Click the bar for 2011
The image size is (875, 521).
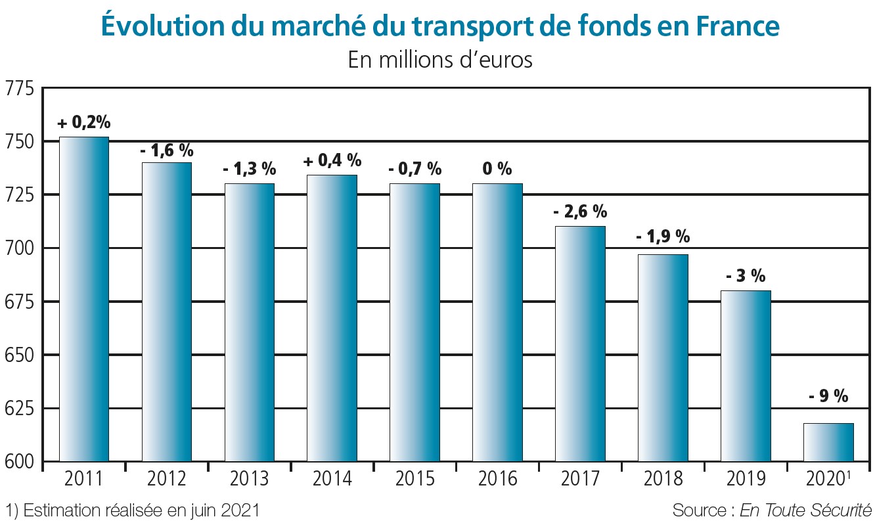pyautogui.click(x=84, y=299)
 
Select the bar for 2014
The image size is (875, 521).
pyautogui.click(x=332, y=318)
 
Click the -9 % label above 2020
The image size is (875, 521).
pyautogui.click(x=828, y=396)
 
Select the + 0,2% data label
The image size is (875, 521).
pyautogui.click(x=84, y=123)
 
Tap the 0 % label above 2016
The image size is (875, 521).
pyautogui.click(x=497, y=169)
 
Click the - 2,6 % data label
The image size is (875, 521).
pyautogui.click(x=580, y=212)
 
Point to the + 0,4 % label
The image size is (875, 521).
pyautogui.click(x=332, y=160)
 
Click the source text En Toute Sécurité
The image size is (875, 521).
pyautogui.click(x=805, y=510)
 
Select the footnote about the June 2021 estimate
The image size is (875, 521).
pyautogui.click(x=132, y=510)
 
